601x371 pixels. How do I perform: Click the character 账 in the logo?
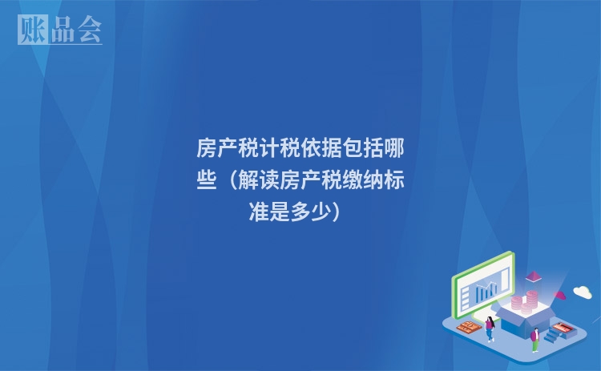point(29,30)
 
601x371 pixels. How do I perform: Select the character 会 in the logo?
point(89,30)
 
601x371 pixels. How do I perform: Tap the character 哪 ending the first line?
point(393,149)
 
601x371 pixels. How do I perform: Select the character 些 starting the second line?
point(207,181)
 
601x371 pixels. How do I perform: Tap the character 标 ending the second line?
point(393,181)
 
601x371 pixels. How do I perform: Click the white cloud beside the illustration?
point(582,292)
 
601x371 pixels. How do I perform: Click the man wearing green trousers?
point(534,338)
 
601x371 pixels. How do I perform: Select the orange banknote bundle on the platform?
point(468,328)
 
